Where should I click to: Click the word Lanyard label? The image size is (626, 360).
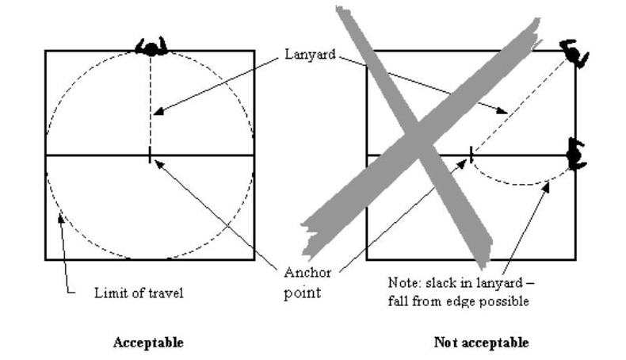tap(310, 55)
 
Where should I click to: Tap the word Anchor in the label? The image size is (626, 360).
tap(307, 273)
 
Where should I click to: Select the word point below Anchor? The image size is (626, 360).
tap(302, 293)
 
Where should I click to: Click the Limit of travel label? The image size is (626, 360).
tap(139, 293)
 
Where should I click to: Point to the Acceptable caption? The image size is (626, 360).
tap(148, 343)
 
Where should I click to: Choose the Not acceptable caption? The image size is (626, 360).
tap(481, 343)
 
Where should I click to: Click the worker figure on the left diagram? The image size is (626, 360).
tap(151, 46)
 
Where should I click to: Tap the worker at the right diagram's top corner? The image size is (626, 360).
tap(574, 53)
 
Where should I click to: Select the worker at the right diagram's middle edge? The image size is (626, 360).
tap(576, 154)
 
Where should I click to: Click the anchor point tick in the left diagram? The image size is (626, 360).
tap(150, 155)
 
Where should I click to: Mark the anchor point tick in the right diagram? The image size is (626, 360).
tap(471, 155)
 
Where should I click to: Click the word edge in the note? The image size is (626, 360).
tap(461, 301)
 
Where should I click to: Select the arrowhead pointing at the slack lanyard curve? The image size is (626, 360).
tap(546, 186)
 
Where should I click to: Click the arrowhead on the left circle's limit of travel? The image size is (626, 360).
tap(60, 218)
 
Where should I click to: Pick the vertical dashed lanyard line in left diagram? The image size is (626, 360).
tap(151, 101)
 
